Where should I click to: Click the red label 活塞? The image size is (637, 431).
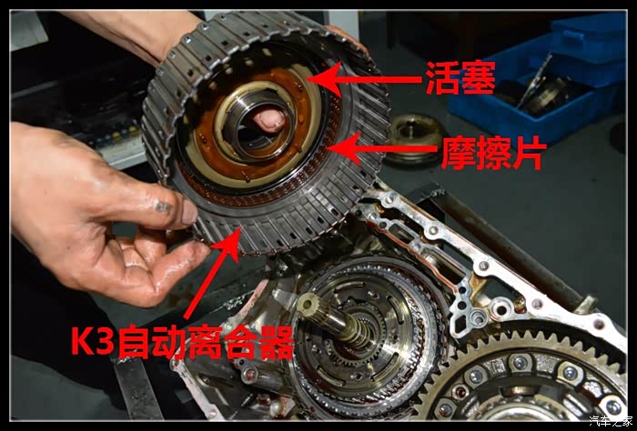click(460, 78)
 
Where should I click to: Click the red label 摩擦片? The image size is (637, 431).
click(493, 152)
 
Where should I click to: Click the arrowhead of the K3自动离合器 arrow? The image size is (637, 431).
click(230, 244)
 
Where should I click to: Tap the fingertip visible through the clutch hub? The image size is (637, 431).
click(269, 121)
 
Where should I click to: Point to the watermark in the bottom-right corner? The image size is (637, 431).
click(611, 421)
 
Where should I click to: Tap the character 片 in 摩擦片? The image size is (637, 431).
click(528, 153)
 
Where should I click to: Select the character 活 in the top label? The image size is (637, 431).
click(442, 78)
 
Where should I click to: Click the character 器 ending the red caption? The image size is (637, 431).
click(277, 343)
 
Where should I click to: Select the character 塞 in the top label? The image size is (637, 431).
click(479, 78)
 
